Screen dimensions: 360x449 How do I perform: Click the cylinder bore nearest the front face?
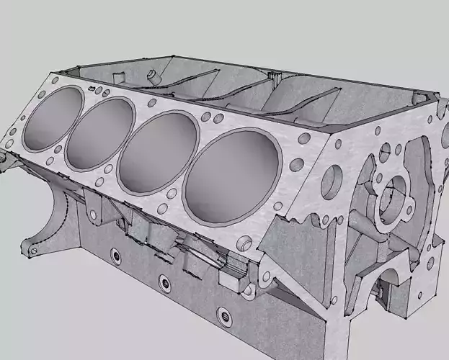tap(232, 179)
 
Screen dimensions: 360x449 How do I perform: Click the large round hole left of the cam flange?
tap(333, 177)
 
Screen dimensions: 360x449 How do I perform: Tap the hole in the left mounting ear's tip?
tap(32, 250)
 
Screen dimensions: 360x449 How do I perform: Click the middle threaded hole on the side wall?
tap(164, 280)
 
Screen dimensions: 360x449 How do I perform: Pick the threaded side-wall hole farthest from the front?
tap(114, 255)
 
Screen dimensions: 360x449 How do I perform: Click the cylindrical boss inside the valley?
tap(151, 74)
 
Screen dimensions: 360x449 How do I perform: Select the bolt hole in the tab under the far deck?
tap(93, 214)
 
